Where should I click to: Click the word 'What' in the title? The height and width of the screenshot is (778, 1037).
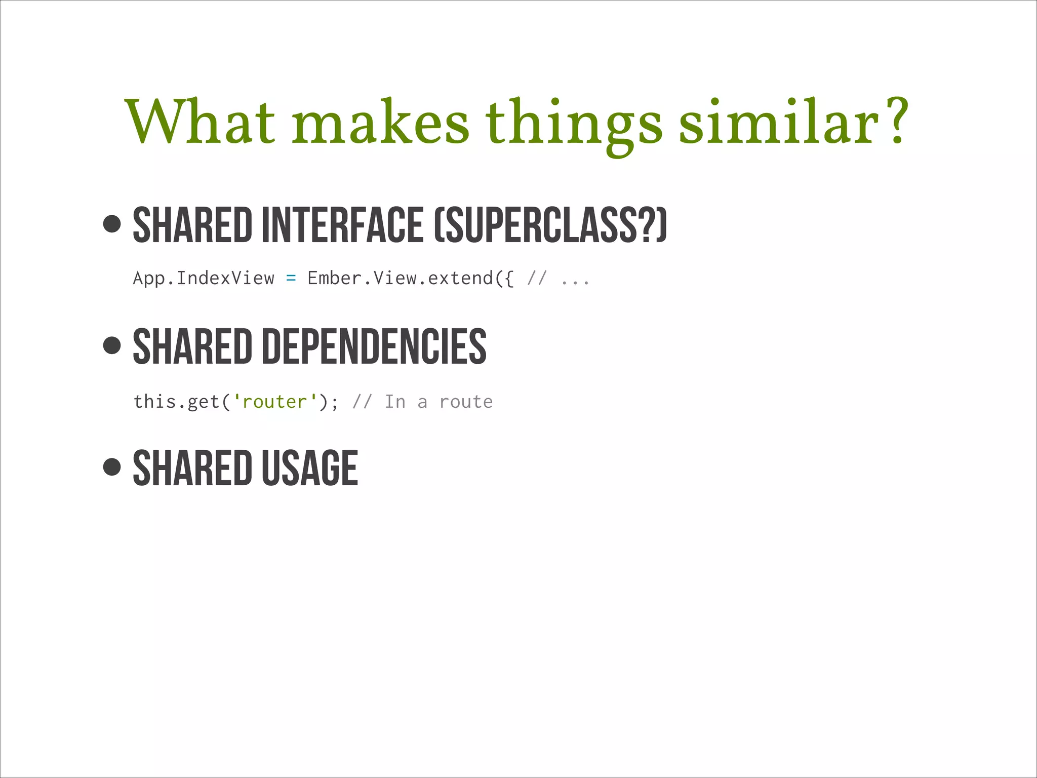pyautogui.click(x=200, y=122)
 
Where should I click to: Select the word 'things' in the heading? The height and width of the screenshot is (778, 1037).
pyautogui.click(x=573, y=124)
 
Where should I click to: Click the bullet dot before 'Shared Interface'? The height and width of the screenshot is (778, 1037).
pyautogui.click(x=112, y=223)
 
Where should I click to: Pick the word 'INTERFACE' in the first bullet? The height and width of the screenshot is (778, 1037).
pyautogui.click(x=342, y=224)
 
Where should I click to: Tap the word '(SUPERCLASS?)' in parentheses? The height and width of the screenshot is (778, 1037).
pyautogui.click(x=551, y=224)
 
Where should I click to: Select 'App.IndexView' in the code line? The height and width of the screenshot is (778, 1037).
pyautogui.click(x=204, y=278)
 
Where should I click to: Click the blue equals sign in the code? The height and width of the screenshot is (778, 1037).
pyautogui.click(x=291, y=278)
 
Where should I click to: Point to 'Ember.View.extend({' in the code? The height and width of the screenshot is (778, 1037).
pyautogui.click(x=411, y=278)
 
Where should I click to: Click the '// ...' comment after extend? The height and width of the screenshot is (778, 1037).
pyautogui.click(x=558, y=278)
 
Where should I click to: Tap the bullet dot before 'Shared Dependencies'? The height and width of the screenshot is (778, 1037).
pyautogui.click(x=112, y=345)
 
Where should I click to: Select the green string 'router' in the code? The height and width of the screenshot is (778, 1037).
pyautogui.click(x=275, y=402)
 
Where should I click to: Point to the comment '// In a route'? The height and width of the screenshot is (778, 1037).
pyautogui.click(x=422, y=402)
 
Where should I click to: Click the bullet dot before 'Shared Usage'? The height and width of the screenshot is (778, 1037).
pyautogui.click(x=112, y=466)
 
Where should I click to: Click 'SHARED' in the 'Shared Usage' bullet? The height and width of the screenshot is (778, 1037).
pyautogui.click(x=192, y=468)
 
